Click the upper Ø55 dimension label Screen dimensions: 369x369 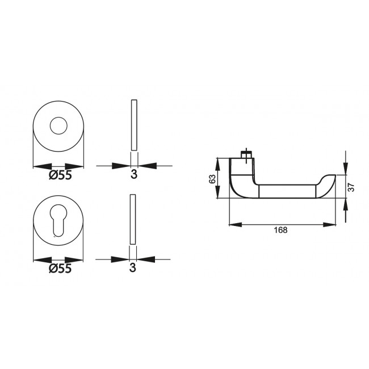(60, 175)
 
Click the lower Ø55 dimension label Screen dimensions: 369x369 (60, 269)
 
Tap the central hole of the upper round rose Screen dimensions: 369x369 (59, 126)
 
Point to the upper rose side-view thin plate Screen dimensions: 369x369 (134, 126)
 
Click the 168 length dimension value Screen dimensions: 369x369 (280, 230)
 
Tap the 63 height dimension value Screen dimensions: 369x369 (212, 178)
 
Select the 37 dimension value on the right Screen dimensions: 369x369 (351, 187)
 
